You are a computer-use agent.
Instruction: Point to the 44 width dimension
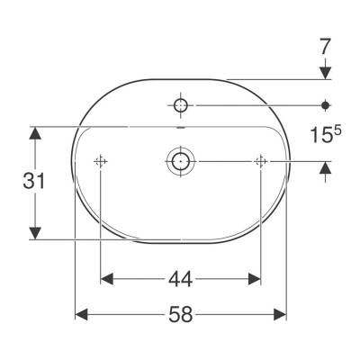coord(180,281)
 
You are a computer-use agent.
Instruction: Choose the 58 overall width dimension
coord(180,315)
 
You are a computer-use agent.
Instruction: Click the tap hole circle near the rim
coord(180,106)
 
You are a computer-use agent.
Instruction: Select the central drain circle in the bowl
coord(180,162)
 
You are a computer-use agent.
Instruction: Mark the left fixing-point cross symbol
coord(100,162)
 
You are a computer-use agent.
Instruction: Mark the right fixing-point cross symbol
coord(261,162)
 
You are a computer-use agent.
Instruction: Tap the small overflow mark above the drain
coord(180,129)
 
